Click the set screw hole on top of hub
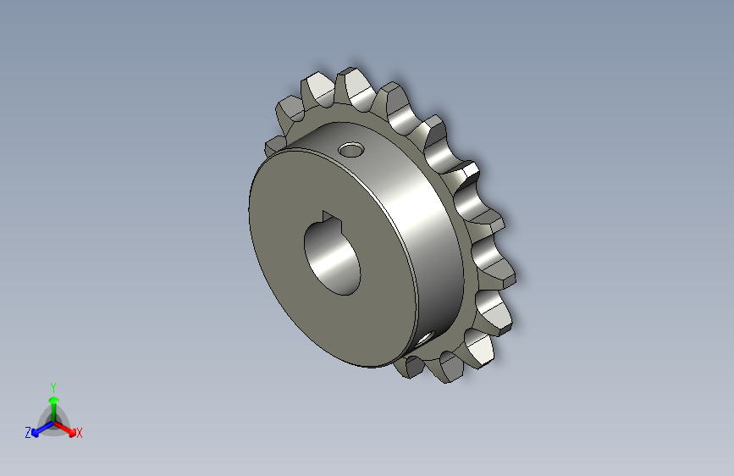[350, 152]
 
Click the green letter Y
[52, 386]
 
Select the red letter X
[80, 434]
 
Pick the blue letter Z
[28, 433]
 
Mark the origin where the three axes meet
[52, 420]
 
